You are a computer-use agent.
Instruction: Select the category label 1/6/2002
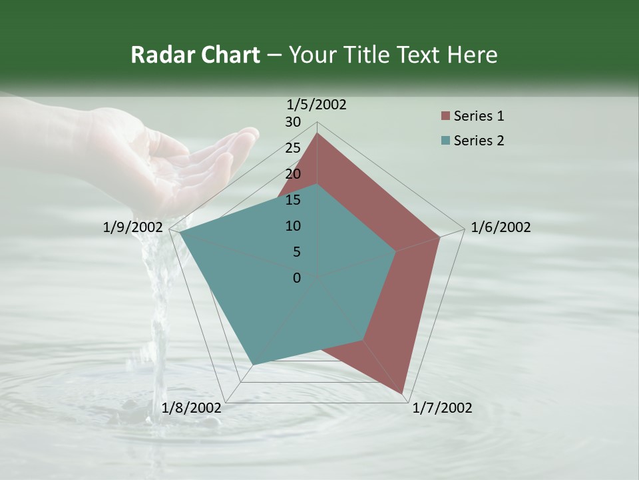click(x=501, y=227)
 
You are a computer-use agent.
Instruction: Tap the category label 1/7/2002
click(x=442, y=408)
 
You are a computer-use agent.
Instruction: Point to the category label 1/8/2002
click(x=192, y=408)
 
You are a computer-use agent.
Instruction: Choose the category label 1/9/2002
click(x=133, y=227)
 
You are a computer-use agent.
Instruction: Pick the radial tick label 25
click(x=294, y=148)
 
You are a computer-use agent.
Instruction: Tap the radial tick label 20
click(x=294, y=174)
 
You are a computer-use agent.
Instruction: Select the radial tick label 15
click(x=294, y=200)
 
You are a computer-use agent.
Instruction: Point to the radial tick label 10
click(x=294, y=226)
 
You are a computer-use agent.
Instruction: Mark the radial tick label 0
click(x=297, y=278)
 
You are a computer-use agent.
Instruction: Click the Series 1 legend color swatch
click(x=445, y=117)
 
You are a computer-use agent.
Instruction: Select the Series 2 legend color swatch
click(x=445, y=141)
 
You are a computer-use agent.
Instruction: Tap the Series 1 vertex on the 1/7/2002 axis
click(x=403, y=393)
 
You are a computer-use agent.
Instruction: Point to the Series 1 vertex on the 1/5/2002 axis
click(x=318, y=133)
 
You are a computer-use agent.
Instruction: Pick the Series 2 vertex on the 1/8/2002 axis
click(x=254, y=364)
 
